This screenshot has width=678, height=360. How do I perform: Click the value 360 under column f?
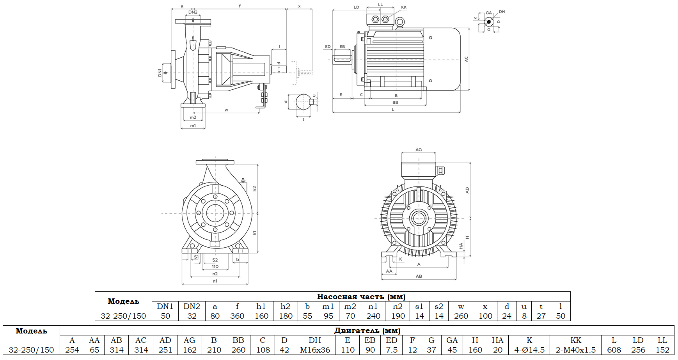coord(237,316)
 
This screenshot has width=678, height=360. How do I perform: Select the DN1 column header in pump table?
coord(165,306)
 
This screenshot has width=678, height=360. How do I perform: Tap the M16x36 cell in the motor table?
coord(315,350)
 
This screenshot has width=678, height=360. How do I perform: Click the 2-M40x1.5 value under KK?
coord(575,350)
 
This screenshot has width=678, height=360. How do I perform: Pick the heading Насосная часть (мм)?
coord(361,296)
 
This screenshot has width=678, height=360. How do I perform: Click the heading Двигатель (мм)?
coord(367,330)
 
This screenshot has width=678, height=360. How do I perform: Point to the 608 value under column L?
coord(614,350)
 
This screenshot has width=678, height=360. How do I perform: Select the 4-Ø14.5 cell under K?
coord(529,350)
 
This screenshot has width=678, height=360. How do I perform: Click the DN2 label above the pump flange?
coord(193,12)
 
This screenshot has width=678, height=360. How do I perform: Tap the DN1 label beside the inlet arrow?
coord(160,73)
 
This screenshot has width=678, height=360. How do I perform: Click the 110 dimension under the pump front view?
coord(215,266)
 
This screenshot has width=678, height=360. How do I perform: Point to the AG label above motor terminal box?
coord(419,150)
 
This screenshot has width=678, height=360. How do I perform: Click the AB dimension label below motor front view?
coord(419,276)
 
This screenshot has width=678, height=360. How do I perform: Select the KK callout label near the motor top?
coord(403,7)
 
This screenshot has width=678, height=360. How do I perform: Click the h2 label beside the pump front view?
coord(254,188)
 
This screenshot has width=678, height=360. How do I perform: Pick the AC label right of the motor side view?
coord(466,59)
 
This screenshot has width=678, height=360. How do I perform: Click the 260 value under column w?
coord(461,316)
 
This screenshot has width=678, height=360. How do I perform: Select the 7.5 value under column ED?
coord(392,350)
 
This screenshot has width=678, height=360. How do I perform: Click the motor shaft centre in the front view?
coord(419,218)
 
